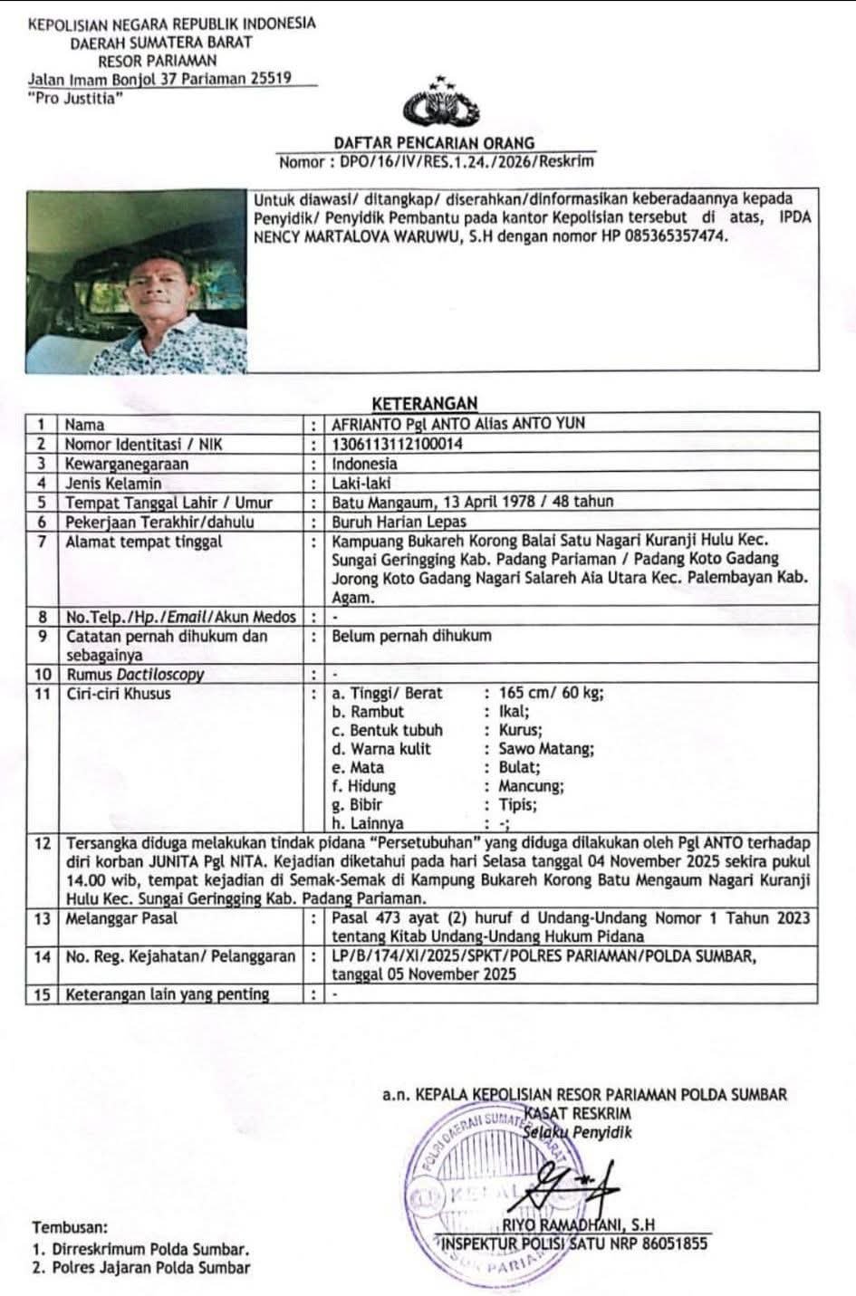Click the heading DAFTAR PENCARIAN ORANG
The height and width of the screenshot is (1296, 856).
(434, 143)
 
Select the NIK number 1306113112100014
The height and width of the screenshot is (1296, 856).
(398, 444)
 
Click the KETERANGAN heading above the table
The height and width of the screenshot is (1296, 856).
(425, 403)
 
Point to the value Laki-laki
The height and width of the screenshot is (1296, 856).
(361, 483)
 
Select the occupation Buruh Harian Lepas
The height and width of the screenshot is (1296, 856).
(399, 521)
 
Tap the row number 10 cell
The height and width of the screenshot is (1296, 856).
(42, 674)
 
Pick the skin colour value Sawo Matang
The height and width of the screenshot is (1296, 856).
(546, 749)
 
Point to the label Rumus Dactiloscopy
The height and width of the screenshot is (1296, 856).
(134, 674)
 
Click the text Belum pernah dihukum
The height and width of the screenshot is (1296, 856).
(411, 636)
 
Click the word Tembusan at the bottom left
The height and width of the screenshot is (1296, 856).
(70, 1228)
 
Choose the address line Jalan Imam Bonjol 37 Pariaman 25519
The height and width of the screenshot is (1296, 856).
(159, 78)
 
